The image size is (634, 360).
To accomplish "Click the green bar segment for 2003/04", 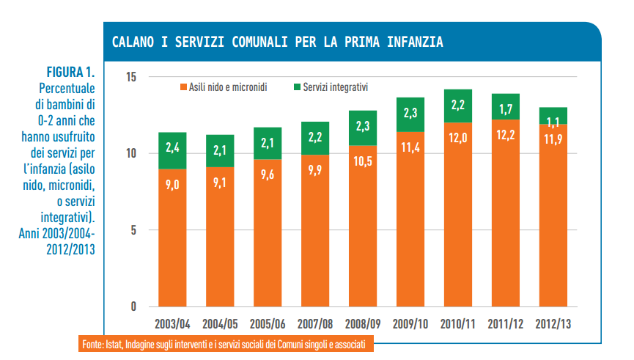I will coord(173,150).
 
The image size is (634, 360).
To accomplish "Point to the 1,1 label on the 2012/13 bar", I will coord(553,122).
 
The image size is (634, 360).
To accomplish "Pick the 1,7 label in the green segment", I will coord(506,109).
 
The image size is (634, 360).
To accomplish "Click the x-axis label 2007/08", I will coord(315,324).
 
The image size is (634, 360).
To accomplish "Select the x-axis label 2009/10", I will coord(410,324).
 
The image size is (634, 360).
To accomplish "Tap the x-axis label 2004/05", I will coord(220,324).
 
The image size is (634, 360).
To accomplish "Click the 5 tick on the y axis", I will coord(134,230).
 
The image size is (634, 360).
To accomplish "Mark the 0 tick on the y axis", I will coord(134,306).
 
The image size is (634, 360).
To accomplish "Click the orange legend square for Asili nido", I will coord(183,87).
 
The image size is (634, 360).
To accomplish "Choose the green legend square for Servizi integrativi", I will coord(297,87).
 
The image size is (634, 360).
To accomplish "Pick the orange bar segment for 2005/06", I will coord(268,232).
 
